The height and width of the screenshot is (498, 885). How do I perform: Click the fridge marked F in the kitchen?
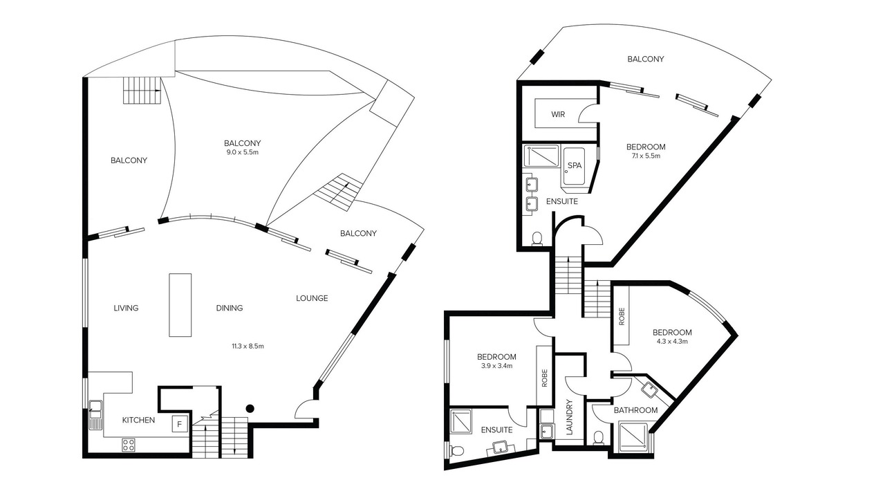coord(179,425)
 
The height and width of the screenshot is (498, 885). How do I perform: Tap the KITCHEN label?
coord(138,420)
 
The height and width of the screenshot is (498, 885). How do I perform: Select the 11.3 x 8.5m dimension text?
coord(248,347)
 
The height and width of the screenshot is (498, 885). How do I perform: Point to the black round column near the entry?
coord(250,409)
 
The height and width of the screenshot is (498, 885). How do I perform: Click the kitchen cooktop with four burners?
coord(128,445)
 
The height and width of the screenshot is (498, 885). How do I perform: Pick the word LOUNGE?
coord(312,298)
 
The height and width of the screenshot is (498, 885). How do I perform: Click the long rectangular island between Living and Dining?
coord(180,305)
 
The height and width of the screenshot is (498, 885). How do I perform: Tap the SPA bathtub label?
coord(575,165)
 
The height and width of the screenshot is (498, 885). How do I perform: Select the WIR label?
coord(558,114)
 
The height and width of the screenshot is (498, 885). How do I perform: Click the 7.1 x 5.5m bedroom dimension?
coord(646,156)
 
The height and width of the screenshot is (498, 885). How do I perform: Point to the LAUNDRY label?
coord(569,417)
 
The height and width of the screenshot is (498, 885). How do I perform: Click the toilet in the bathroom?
coord(599,438)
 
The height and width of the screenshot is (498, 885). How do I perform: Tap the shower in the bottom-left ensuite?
coord(460,421)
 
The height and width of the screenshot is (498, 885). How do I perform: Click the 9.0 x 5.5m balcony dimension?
coord(242,152)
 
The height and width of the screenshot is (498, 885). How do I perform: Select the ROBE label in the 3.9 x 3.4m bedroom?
coord(544,378)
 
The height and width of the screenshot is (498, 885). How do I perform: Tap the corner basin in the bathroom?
coord(651,389)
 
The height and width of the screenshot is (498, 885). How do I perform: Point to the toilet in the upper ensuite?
coord(537,239)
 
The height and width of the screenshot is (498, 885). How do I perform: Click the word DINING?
coord(230,308)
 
